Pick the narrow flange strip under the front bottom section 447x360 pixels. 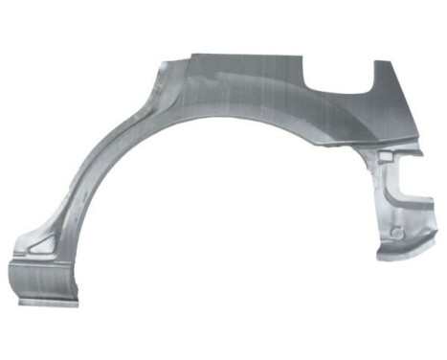[44, 303]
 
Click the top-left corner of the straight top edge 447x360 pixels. [191, 55]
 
